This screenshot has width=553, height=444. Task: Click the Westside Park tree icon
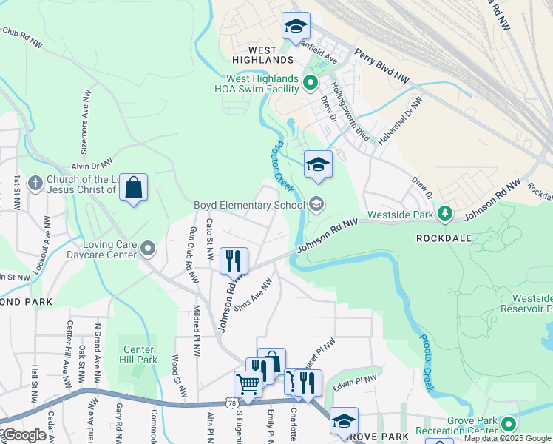[x=444, y=214]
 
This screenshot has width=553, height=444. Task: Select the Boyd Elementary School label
[x=248, y=205]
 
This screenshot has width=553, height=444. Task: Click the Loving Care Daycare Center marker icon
[x=148, y=248]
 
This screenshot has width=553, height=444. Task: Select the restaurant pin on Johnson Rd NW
[x=234, y=260]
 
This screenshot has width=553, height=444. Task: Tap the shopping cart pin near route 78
[x=248, y=384]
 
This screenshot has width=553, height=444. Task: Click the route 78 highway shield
[x=233, y=403]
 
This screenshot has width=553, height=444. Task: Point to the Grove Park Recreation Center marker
[x=508, y=425]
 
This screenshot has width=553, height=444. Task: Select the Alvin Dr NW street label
[x=92, y=165]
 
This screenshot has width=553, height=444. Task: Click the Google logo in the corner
[x=24, y=435]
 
